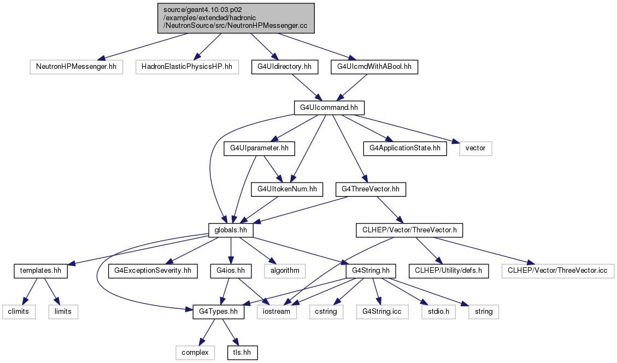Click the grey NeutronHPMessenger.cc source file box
coord(236,18)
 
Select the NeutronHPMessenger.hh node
coord(77,67)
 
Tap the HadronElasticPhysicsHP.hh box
coord(187,67)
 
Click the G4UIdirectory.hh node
coord(285,67)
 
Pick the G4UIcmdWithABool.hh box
coord(374,67)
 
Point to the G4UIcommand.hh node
coord(329,108)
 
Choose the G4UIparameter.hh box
coord(259,149)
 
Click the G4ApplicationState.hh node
coord(405,149)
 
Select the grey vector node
coord(475,149)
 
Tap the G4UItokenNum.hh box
coord(287,189)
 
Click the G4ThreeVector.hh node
coord(371,189)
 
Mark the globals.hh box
coord(231,230)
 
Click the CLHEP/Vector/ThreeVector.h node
coord(409,230)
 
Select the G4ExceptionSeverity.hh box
coord(152,271)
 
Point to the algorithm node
coord(285,271)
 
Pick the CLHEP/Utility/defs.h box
coord(449,271)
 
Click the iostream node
coord(277,312)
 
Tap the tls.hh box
coord(243,353)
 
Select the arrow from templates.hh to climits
coord(30,292)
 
